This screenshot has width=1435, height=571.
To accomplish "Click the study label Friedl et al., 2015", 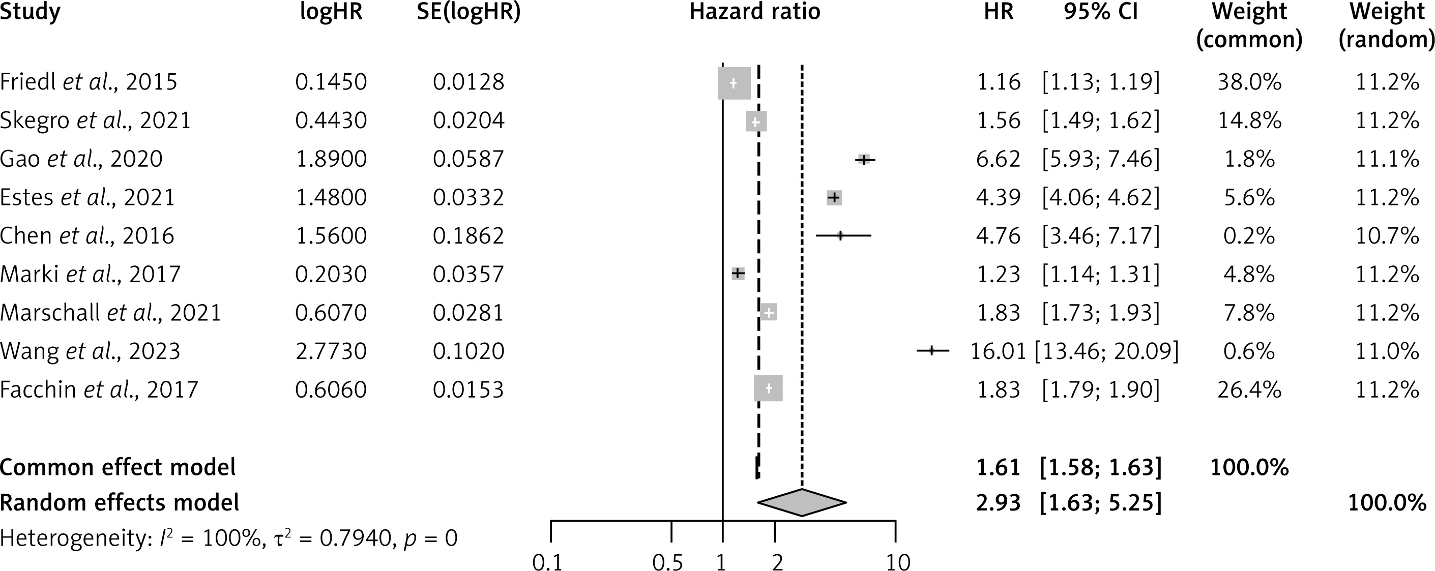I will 89,82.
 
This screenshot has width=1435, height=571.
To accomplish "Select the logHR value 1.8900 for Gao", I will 331,159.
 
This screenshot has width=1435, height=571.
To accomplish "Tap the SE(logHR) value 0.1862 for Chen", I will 468,235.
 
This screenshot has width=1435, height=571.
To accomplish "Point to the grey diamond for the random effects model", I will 802,502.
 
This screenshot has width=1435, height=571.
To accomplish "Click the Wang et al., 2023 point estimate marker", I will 932,350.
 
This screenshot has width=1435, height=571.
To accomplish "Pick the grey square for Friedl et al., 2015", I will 734,83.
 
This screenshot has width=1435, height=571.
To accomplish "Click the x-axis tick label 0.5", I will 668,563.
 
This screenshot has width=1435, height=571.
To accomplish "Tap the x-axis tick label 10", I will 897,563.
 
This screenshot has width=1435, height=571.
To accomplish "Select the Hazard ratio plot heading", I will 755,12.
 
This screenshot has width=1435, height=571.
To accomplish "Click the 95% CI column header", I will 1101,12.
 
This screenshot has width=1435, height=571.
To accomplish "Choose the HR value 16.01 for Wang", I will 998,351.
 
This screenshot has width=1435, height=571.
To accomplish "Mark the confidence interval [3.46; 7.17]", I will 1101,235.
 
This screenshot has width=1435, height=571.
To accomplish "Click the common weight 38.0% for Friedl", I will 1249,82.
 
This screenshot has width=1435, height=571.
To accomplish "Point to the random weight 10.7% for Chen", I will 1387,235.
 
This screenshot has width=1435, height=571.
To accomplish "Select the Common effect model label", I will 118,467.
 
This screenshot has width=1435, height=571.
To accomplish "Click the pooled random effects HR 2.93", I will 998,502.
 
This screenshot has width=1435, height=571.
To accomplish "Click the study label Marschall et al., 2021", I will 110,313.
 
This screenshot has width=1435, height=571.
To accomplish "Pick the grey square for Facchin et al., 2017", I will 769,388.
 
